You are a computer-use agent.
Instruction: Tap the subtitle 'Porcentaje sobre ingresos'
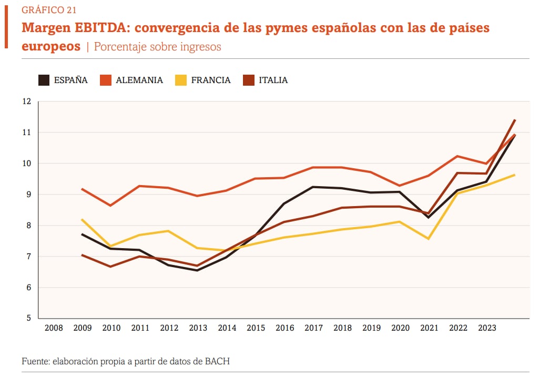click(157, 47)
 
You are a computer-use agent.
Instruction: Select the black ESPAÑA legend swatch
click(44, 80)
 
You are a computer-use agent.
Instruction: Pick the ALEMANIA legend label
click(139, 80)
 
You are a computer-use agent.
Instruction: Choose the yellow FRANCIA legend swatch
click(180, 80)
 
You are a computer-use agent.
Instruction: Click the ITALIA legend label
click(273, 80)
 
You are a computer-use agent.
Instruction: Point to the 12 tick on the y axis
click(27, 101)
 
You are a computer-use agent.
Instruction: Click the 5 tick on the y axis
click(29, 318)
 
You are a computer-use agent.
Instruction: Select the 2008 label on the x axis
click(54, 328)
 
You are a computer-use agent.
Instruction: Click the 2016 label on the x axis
click(284, 328)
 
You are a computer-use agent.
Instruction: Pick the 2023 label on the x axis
click(487, 328)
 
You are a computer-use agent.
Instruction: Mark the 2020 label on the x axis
click(400, 328)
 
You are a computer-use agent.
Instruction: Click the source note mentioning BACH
click(126, 362)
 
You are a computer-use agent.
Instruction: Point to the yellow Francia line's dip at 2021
click(429, 239)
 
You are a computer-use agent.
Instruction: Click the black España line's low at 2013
click(198, 270)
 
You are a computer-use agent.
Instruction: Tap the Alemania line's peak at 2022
click(458, 156)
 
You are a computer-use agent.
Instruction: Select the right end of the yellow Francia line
click(515, 175)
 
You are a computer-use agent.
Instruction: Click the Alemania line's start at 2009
click(83, 189)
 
